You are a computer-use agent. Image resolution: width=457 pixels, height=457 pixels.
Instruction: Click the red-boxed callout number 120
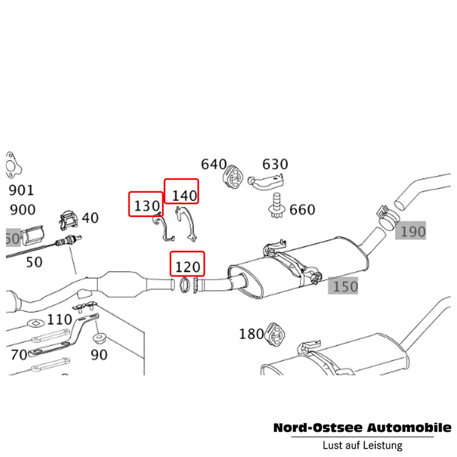pyautogui.click(x=188, y=264)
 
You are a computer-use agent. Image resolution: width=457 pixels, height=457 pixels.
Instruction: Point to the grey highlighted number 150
pyautogui.click(x=345, y=286)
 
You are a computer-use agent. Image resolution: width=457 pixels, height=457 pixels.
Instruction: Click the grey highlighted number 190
pyautogui.click(x=412, y=232)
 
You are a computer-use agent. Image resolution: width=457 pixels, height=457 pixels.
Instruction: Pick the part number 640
pyautogui.click(x=214, y=164)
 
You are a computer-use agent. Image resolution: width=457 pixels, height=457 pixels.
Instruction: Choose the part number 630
pyautogui.click(x=275, y=164)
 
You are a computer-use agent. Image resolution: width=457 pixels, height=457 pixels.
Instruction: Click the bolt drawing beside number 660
pyautogui.click(x=274, y=205)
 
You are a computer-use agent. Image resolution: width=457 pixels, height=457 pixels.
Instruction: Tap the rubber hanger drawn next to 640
pyautogui.click(x=233, y=177)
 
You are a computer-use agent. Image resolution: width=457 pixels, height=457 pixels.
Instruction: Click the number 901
pyautogui.click(x=22, y=190)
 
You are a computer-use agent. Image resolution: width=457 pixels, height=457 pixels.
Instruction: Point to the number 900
pyautogui.click(x=22, y=209)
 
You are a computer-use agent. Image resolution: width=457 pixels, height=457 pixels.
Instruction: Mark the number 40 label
pyautogui.click(x=90, y=218)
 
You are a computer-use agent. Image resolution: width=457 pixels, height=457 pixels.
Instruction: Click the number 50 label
pyautogui.click(x=34, y=262)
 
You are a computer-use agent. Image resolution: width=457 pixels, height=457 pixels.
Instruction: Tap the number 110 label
pyautogui.click(x=60, y=319)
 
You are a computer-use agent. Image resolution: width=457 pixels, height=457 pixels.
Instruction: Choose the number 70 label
pyautogui.click(x=19, y=355)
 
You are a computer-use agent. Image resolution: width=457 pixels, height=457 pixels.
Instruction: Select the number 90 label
pyautogui.click(x=99, y=355)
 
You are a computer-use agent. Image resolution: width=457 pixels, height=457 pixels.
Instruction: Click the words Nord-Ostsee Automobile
pyautogui.click(x=362, y=427)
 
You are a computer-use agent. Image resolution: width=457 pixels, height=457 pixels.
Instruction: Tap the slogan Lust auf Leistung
pyautogui.click(x=362, y=446)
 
